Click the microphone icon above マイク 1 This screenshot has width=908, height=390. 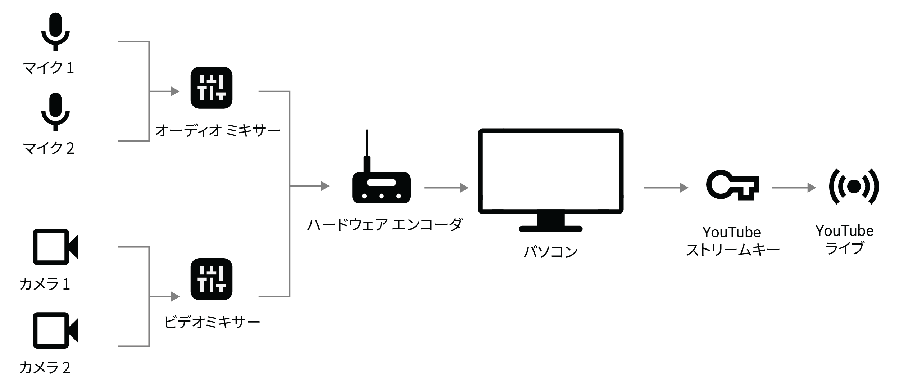click(55, 31)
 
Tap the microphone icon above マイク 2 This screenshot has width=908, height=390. click(55, 112)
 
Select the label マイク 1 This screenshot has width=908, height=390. click(49, 68)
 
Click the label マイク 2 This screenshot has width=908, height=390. click(49, 148)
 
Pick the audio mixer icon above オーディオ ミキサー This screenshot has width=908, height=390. click(211, 88)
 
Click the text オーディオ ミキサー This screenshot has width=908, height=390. click(217, 131)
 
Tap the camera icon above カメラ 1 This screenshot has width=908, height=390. click(55, 247)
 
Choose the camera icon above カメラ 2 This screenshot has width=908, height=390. click(55, 330)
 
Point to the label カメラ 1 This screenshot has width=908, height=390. click(45, 284)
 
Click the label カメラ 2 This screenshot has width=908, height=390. click(45, 368)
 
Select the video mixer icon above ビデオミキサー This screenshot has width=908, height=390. click(211, 279)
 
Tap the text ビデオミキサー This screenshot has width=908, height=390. click(212, 322)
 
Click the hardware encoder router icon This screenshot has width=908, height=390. click(381, 187)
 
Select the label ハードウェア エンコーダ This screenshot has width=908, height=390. click(385, 225)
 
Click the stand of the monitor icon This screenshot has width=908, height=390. click(550, 223)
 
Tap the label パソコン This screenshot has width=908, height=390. click(550, 252)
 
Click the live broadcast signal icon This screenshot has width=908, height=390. click(854, 187)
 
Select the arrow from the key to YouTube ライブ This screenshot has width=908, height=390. click(793, 188)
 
